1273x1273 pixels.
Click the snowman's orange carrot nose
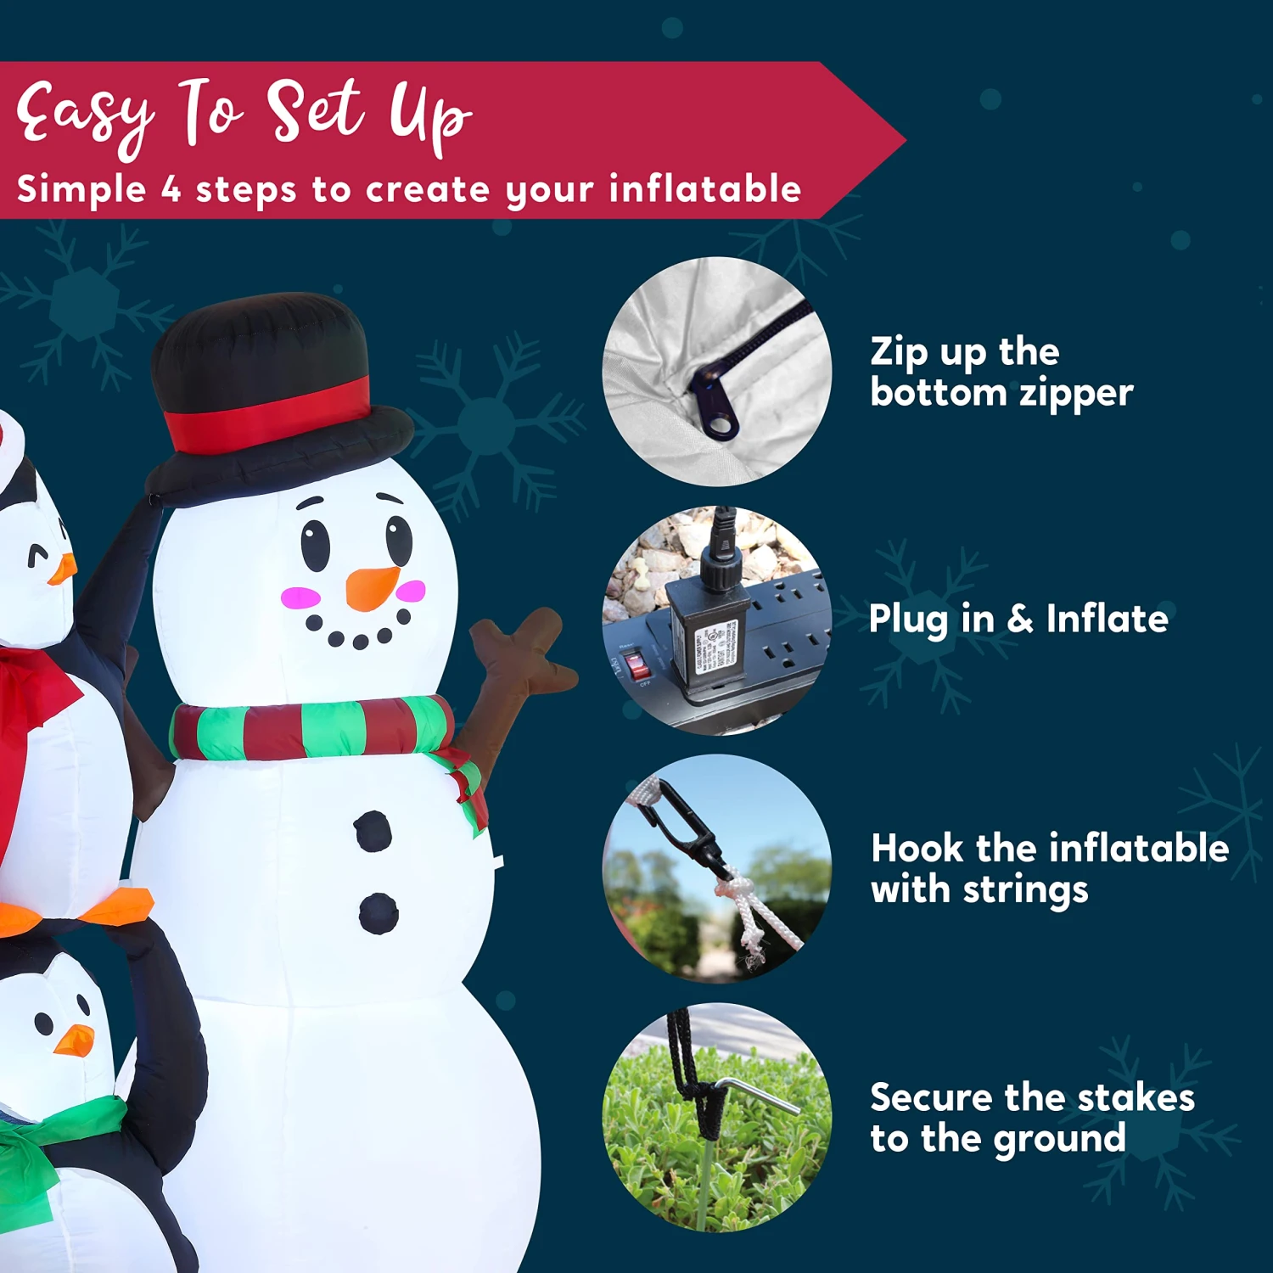tap(371, 587)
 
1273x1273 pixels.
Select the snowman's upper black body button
tap(373, 831)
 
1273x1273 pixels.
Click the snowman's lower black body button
tap(379, 912)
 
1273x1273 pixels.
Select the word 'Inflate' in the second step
tap(1107, 619)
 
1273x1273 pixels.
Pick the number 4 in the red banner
tap(171, 189)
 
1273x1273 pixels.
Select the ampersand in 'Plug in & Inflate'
tap(1020, 619)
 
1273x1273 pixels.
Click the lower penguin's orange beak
tap(75, 1040)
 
